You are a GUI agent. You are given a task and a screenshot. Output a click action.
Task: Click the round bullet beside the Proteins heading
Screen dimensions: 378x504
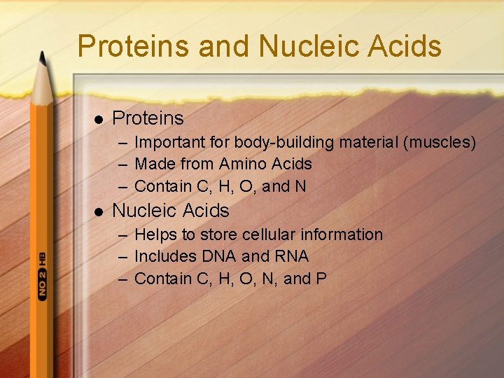point(96,119)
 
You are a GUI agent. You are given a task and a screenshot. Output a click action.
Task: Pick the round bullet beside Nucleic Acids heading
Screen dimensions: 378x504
point(96,211)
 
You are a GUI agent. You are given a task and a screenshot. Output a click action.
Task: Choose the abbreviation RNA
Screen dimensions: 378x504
point(290,256)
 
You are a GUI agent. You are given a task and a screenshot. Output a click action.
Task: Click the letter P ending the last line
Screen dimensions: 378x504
point(321,279)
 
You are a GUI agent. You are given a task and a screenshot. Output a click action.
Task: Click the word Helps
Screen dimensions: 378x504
point(155,234)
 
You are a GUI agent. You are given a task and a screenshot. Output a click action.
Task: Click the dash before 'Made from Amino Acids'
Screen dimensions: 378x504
point(122,165)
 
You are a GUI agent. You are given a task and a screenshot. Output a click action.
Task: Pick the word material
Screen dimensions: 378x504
point(369,143)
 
